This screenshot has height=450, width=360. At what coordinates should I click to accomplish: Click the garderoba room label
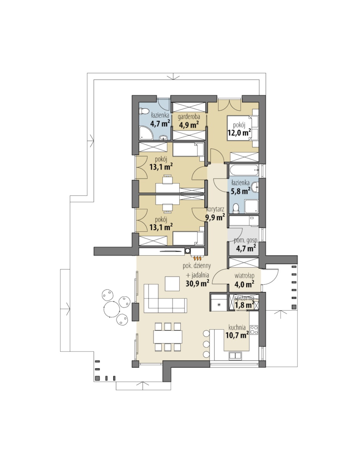pos(189,117)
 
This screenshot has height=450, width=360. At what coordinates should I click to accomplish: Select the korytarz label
pos(215,209)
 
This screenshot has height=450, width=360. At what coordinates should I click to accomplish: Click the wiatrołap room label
pos(244,276)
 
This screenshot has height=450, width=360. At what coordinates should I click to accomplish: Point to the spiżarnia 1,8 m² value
pos(245,305)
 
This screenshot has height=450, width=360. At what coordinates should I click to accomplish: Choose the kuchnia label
pos(237,327)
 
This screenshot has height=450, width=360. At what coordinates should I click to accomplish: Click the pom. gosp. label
pos(246,240)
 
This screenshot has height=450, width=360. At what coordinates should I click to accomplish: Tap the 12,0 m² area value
pos(239,132)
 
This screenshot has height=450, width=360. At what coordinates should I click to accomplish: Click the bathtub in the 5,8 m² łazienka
pos(244,171)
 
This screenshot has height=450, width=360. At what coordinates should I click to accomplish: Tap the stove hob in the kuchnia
pos(254,329)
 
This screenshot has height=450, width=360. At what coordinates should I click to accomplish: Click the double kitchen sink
pos(235,356)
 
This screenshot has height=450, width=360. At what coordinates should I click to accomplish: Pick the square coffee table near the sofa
pos(172,284)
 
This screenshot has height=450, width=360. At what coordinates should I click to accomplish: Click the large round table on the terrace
pos(111,309)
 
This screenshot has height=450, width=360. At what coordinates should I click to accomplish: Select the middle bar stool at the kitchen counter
pos(206,344)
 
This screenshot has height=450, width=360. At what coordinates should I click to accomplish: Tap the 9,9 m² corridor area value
pos(215,217)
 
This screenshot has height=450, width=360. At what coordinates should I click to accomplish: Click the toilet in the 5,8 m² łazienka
pos(236,208)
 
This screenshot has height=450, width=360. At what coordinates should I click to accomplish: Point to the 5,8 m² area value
pos(240,190)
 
